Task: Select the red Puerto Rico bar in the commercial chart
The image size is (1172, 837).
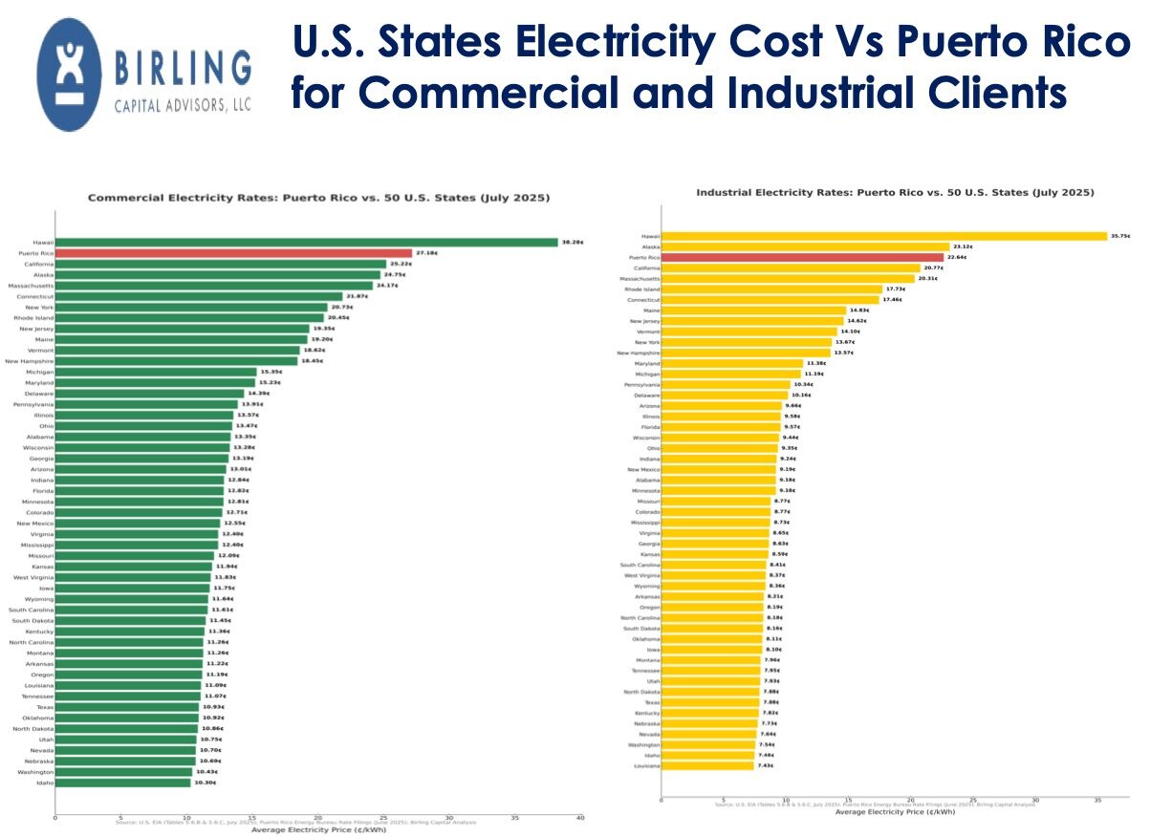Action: tap(233, 253)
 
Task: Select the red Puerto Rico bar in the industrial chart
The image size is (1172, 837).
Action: tap(802, 257)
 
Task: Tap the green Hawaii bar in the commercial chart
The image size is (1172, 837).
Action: tap(306, 243)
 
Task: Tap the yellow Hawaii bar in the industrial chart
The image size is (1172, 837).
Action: tap(884, 236)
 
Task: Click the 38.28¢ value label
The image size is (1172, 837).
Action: tap(571, 243)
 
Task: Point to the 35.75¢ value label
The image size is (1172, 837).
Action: tap(1120, 236)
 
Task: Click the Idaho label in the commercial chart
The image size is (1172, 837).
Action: tap(45, 783)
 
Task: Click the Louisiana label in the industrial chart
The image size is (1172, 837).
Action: tap(646, 766)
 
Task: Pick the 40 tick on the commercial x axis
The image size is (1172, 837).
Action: tap(580, 818)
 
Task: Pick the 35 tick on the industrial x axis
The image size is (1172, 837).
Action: tap(1096, 801)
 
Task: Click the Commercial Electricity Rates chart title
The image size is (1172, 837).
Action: tap(318, 198)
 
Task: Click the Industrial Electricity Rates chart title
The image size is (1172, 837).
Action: tap(895, 193)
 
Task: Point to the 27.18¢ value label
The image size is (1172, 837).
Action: tap(425, 253)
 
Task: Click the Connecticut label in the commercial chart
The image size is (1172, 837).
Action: tap(36, 296)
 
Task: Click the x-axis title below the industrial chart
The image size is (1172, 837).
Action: tap(895, 812)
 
